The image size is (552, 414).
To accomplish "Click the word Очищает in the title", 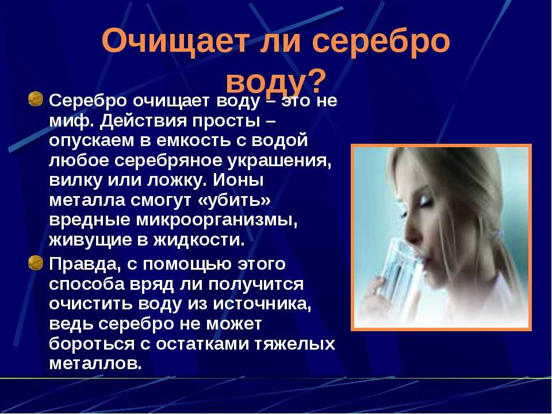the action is [x=174, y=41].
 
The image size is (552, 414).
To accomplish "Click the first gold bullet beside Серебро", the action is [x=35, y=99].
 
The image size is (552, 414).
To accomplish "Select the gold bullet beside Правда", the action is [x=35, y=263].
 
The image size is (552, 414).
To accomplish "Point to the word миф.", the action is [x=71, y=121].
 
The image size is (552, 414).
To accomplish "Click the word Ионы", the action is [x=238, y=180].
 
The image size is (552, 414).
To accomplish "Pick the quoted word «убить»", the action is [x=235, y=200].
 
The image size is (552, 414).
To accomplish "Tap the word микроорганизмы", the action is [x=217, y=221].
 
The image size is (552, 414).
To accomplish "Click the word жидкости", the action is [x=199, y=240].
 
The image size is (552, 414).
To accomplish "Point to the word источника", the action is [x=262, y=304].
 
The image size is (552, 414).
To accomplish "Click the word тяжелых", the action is [x=294, y=344].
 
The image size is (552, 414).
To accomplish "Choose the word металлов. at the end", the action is [x=95, y=363].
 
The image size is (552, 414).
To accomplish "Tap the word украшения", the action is [x=280, y=161].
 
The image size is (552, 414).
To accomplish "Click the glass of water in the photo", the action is [x=398, y=271].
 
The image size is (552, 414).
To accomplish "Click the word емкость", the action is [x=191, y=140].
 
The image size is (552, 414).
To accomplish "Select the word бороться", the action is [x=91, y=344].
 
